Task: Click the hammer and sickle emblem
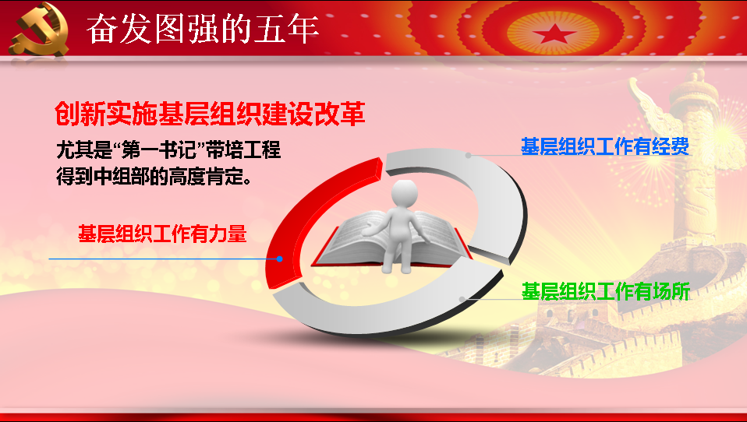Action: [x=40, y=29]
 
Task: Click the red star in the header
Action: [x=554, y=33]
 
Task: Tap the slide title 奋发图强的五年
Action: [x=202, y=29]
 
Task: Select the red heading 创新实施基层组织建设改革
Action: [x=210, y=114]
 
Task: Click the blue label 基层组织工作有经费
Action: [x=605, y=146]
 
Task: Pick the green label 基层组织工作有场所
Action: [x=606, y=291]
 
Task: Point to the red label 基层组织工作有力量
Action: [x=162, y=234]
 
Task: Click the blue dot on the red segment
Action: [x=280, y=258]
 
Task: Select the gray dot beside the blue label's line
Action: [x=469, y=155]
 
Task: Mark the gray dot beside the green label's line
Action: [x=462, y=299]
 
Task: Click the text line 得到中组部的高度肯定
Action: [x=154, y=176]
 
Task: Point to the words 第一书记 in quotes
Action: [x=159, y=149]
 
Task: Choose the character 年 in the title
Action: [x=303, y=29]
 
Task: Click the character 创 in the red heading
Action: [x=67, y=114]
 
